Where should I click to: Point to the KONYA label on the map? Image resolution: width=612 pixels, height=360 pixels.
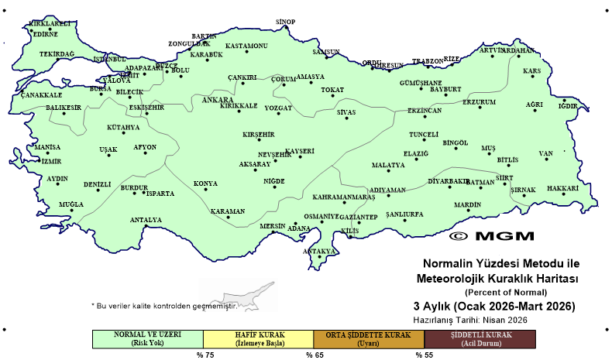point(205,183)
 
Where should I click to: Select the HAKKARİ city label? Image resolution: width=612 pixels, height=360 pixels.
point(563,188)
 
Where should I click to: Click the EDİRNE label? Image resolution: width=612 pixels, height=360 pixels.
point(45,34)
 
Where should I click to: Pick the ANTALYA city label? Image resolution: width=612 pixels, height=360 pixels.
point(146,220)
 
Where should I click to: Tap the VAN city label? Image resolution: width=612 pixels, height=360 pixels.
point(546,153)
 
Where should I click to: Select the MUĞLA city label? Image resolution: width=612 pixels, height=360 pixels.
point(70,204)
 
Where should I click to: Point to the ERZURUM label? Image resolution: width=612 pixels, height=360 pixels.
point(479,102)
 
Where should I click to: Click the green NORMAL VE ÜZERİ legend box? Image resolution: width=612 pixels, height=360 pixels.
point(147,338)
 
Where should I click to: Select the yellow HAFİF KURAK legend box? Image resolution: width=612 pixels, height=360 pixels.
point(258,338)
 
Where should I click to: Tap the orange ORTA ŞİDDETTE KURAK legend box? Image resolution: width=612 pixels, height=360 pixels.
point(369,338)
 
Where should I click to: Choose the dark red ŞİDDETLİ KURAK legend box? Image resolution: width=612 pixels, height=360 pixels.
point(480,338)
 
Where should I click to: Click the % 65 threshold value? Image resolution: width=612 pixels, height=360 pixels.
point(314,355)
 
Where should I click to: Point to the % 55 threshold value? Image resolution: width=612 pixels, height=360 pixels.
point(424,355)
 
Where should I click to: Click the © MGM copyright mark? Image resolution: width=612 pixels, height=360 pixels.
point(490,235)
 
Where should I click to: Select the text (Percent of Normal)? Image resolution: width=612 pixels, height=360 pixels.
point(506,292)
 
